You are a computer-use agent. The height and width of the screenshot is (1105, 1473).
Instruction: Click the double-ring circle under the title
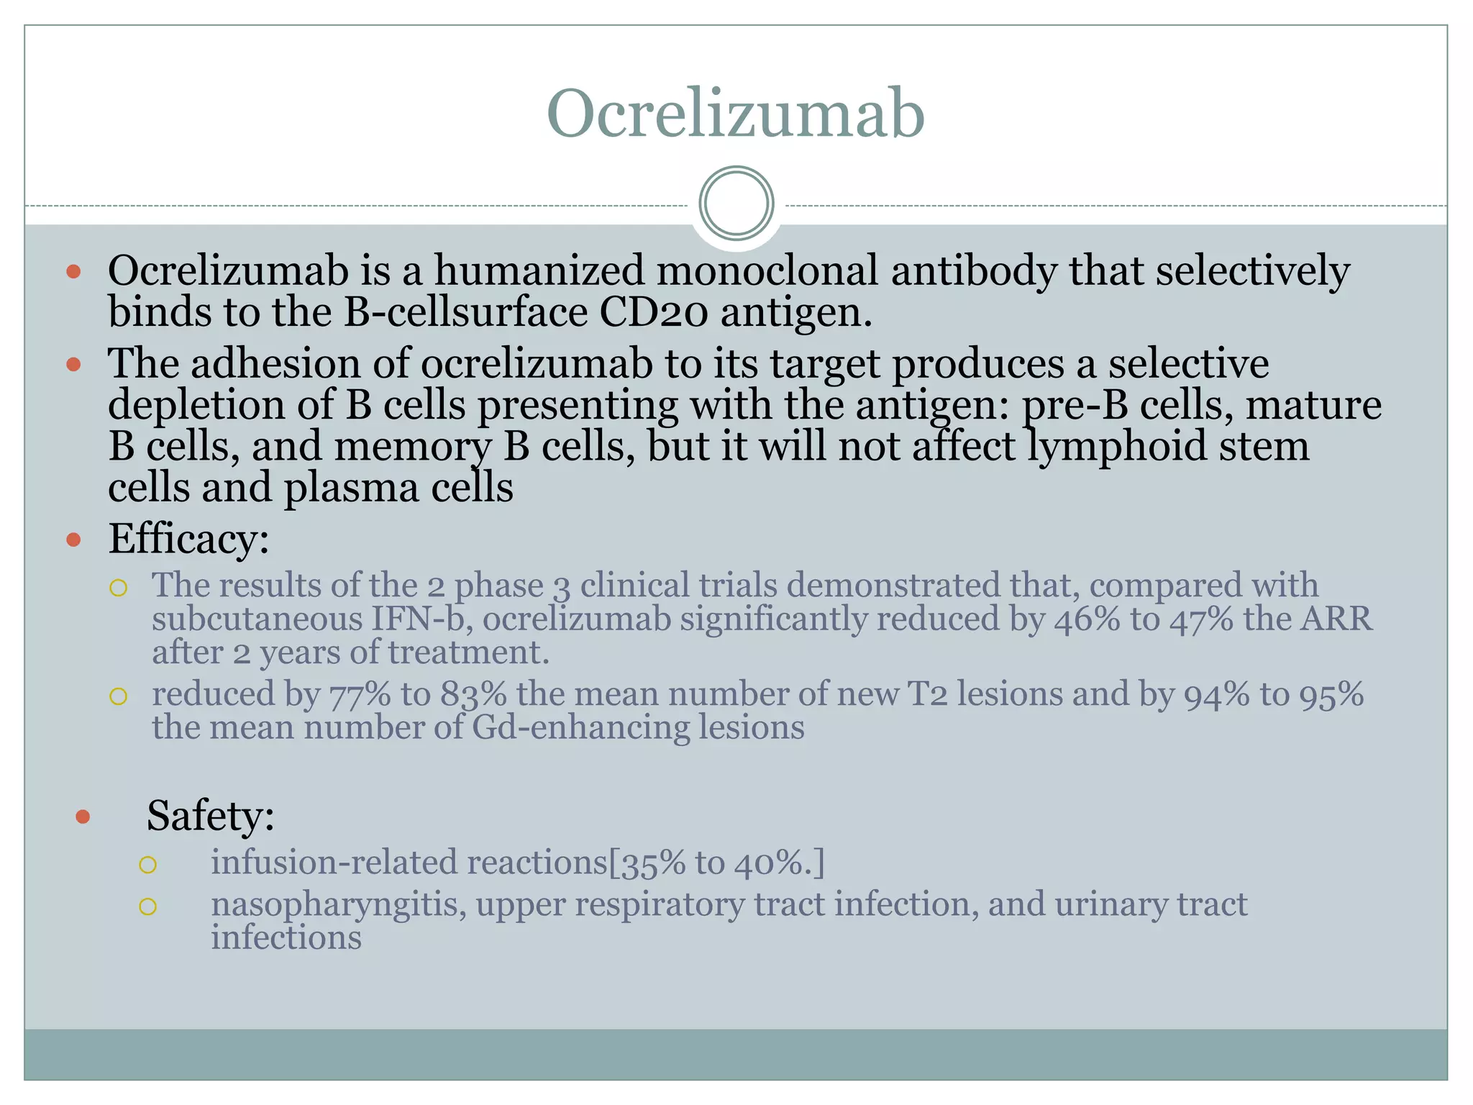[x=736, y=204]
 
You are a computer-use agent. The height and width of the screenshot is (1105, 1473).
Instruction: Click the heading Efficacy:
[x=188, y=539]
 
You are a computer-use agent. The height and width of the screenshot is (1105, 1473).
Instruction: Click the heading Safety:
[x=210, y=816]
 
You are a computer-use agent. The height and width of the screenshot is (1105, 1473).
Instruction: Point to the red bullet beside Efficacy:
[x=73, y=540]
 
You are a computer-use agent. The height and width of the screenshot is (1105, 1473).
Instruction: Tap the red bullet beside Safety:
[x=83, y=817]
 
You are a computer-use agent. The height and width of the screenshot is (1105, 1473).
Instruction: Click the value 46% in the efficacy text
[x=1087, y=619]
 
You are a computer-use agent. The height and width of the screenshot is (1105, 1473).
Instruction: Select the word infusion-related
[x=334, y=863]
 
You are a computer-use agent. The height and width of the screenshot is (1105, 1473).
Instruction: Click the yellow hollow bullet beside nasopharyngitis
[x=147, y=906]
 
